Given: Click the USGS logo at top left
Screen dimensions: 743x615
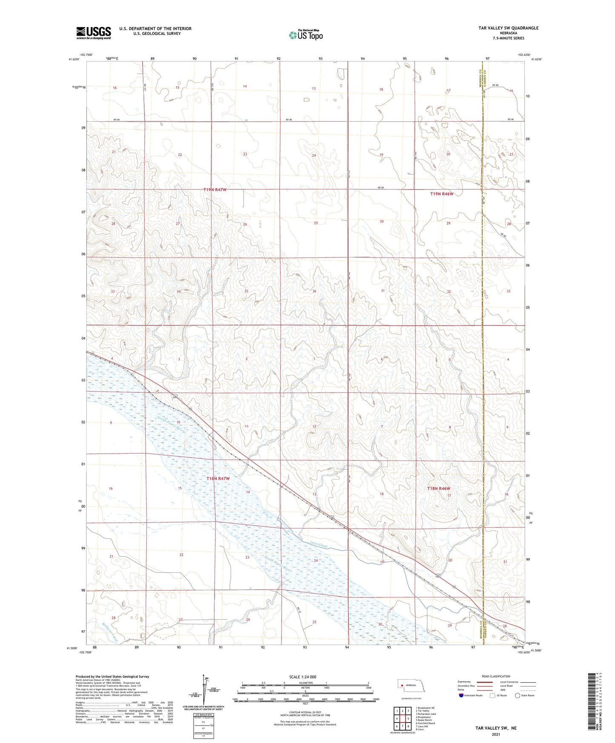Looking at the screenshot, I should click(93, 33).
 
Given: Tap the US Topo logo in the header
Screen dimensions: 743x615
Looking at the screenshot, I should click(305, 34).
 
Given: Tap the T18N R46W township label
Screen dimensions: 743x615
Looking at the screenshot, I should click(438, 489).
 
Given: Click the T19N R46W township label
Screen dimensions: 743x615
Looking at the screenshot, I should click(441, 194).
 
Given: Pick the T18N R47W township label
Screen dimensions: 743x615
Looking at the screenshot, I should click(217, 478).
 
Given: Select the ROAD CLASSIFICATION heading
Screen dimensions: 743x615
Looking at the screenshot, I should click(496, 676).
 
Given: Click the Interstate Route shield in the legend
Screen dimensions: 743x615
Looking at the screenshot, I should click(462, 695).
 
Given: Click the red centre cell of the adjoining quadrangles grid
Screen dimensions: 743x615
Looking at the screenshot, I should click(402, 719).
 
